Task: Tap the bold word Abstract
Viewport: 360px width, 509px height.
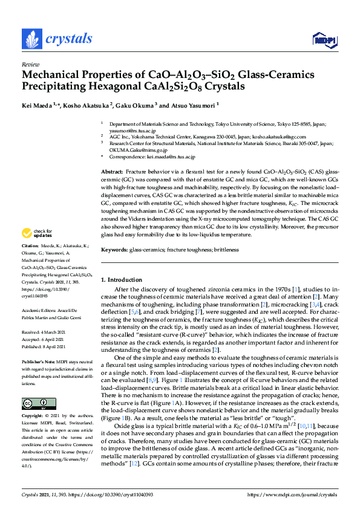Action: tap(112, 172)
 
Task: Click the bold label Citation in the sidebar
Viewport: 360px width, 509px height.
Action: tap(30, 264)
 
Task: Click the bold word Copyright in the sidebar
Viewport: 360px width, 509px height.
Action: tap(33, 417)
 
